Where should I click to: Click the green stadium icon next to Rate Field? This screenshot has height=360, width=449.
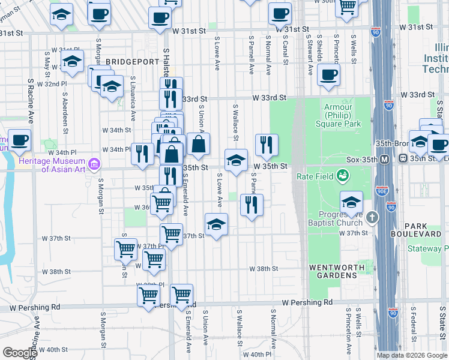click(342, 176)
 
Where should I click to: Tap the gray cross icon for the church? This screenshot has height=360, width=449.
click(372, 216)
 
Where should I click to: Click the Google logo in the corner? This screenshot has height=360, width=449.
click(20, 352)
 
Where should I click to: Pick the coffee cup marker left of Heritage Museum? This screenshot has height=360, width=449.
click(19, 140)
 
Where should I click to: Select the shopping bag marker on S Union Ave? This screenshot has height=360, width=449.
click(198, 144)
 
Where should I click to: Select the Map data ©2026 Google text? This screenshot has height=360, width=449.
click(411, 355)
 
